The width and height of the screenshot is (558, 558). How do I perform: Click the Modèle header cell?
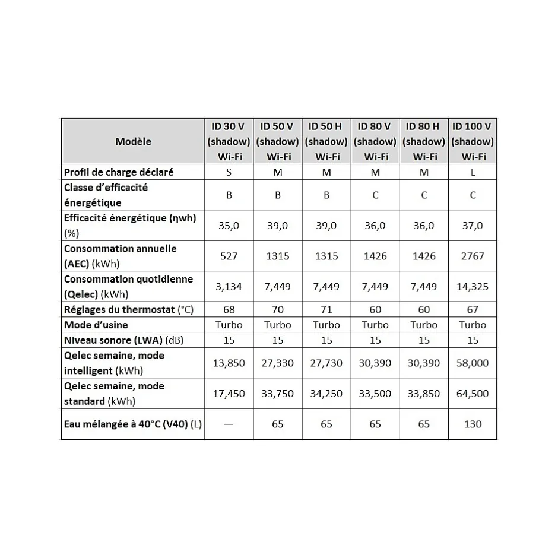[x=133, y=141]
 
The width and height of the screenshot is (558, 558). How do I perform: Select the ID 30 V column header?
[x=229, y=141]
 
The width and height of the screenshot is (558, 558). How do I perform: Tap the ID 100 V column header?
[x=473, y=141]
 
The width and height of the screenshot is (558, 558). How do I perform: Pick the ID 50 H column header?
[x=326, y=141]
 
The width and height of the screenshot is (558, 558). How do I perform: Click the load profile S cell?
[x=229, y=172]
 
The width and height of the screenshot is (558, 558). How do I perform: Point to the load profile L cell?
[x=473, y=172]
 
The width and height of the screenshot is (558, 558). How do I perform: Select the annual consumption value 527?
[x=229, y=256]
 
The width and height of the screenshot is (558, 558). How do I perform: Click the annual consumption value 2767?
[x=473, y=256]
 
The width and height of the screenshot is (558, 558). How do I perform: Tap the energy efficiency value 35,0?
[x=229, y=226]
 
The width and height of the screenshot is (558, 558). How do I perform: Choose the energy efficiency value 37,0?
[x=473, y=226]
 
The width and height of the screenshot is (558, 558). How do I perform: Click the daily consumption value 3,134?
[x=229, y=287]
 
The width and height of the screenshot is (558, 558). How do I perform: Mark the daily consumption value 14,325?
[x=473, y=287]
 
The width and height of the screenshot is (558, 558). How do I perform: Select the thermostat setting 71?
[x=326, y=310]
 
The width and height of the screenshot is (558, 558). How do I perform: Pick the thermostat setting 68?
[x=229, y=310]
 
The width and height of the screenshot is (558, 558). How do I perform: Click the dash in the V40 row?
[x=229, y=424]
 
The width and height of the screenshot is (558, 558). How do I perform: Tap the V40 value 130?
[x=473, y=424]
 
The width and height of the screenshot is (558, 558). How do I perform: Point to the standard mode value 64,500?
[x=473, y=394]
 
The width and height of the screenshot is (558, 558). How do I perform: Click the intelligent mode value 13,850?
[x=229, y=363]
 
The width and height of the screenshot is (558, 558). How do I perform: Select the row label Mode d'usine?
[x=96, y=325]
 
